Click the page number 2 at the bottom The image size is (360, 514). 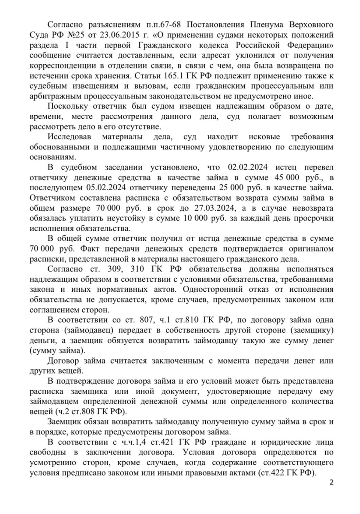331,483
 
